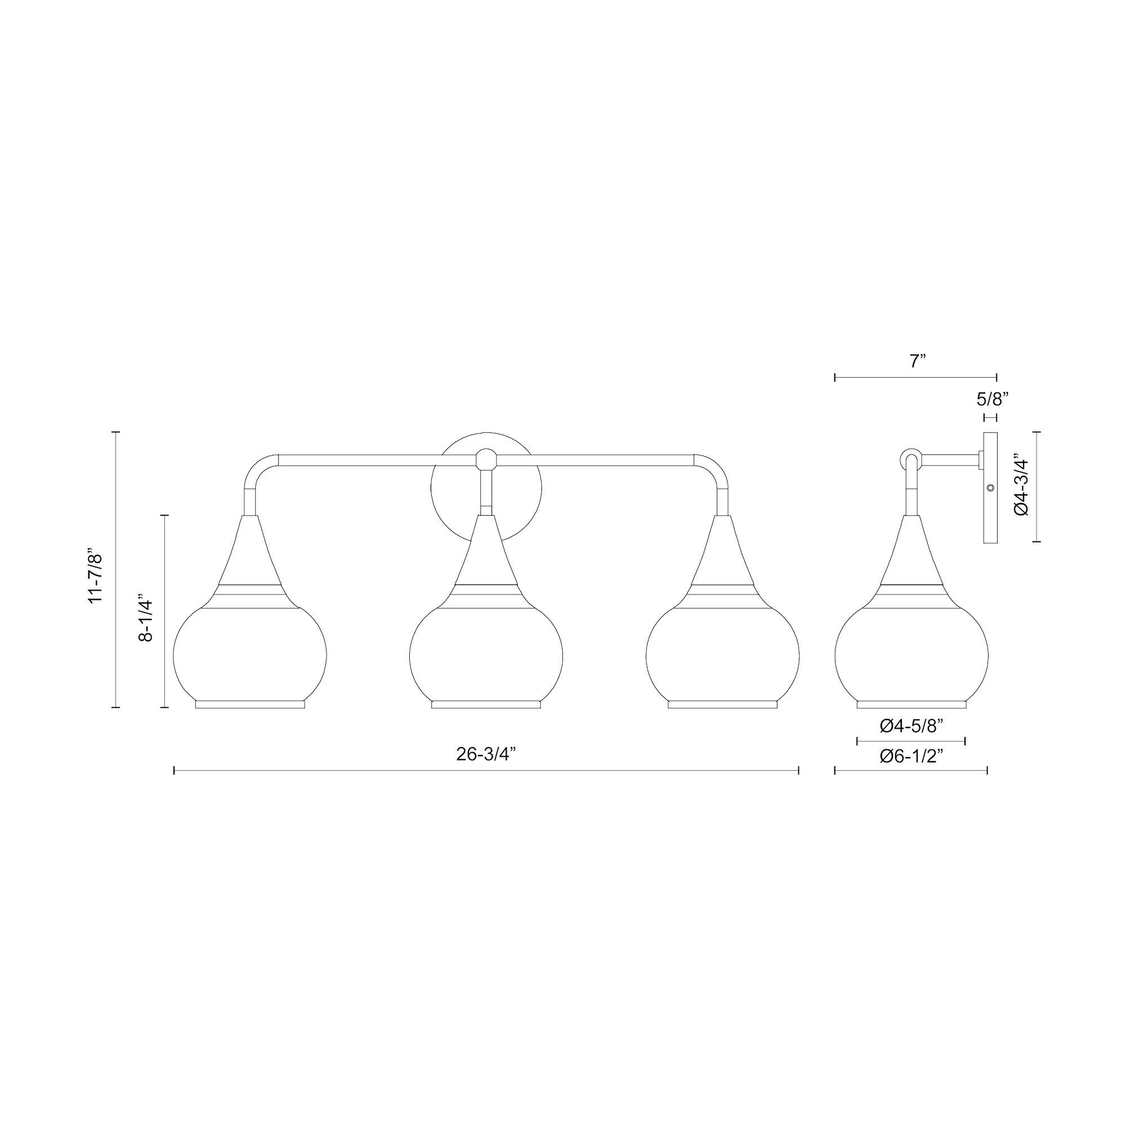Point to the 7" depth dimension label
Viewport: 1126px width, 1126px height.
[918, 361]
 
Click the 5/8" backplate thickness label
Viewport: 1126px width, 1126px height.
[992, 399]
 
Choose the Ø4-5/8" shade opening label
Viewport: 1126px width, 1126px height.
[911, 726]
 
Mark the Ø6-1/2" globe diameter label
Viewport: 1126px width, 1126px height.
[911, 757]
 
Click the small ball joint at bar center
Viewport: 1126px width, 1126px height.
[485, 461]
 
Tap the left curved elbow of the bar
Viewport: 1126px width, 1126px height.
[259, 469]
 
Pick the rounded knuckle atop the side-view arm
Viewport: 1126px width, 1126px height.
[911, 459]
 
